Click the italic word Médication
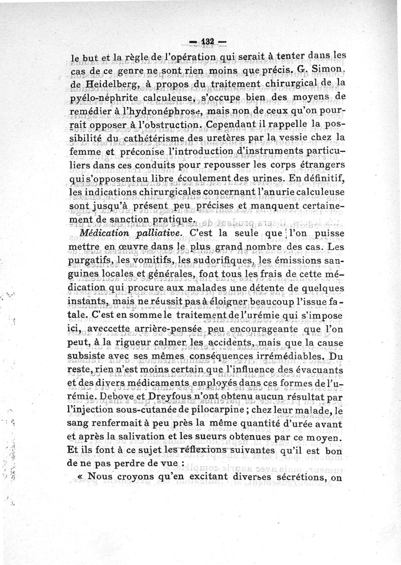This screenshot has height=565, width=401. pyautogui.click(x=106, y=234)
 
